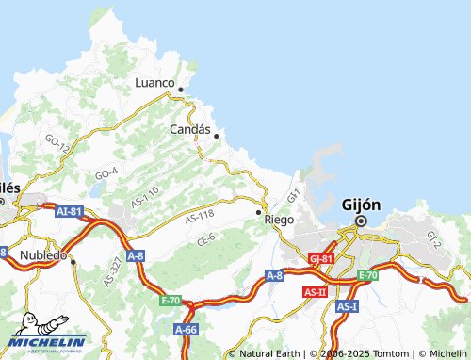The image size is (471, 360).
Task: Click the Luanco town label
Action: pyautogui.click(x=155, y=83)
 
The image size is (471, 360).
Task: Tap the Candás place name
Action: pyautogui.click(x=189, y=129)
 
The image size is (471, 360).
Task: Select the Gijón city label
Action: pyautogui.click(x=360, y=205)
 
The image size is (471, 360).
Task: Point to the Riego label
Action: pyautogui.click(x=279, y=219)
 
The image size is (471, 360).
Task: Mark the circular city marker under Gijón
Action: pyautogui.click(x=359, y=222)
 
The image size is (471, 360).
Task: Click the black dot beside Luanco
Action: pyautogui.click(x=181, y=90)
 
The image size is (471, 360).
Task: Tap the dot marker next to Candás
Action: pyautogui.click(x=217, y=136)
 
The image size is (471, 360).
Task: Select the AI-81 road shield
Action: pyautogui.click(x=70, y=212)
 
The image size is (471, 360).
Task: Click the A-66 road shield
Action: pyautogui.click(x=186, y=329)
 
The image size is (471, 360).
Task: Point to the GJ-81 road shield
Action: pyautogui.click(x=320, y=257)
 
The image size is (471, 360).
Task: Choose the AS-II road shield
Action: pyautogui.click(x=315, y=293)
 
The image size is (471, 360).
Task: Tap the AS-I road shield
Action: pyautogui.click(x=348, y=306)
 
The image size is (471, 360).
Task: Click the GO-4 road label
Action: pyautogui.click(x=106, y=173)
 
